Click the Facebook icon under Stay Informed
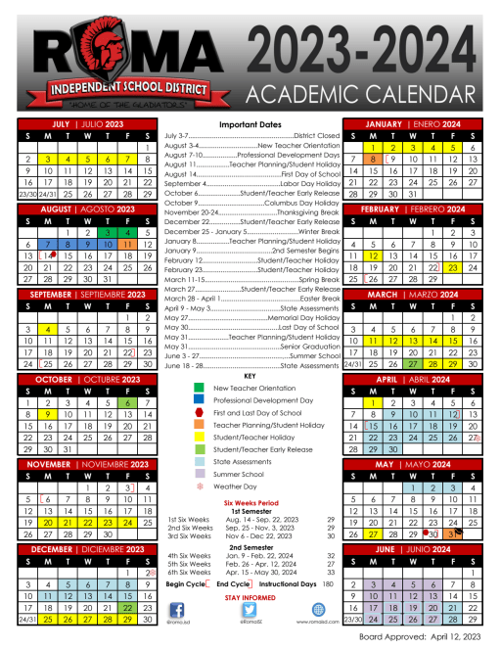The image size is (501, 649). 177,609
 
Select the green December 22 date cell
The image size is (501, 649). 126,607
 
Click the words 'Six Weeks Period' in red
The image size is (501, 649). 250,501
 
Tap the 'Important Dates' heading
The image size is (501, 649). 250,125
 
